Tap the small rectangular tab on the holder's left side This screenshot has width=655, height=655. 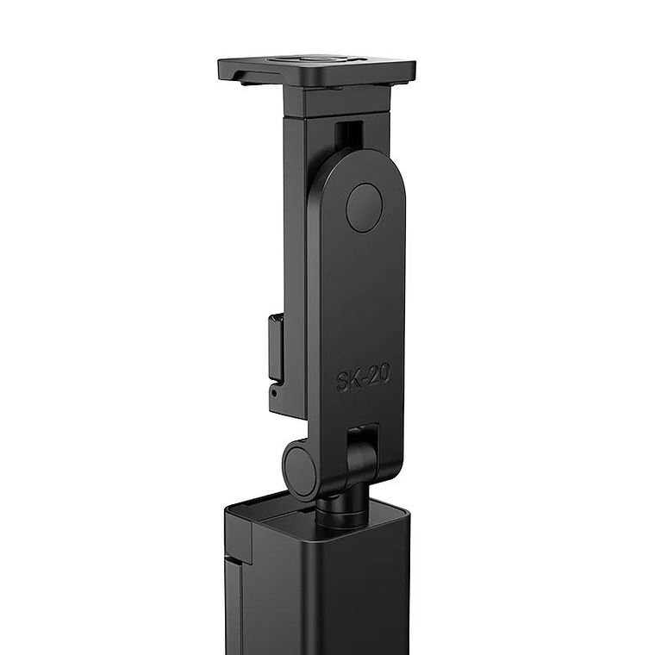[x=276, y=348]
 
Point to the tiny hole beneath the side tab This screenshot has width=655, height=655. [x=274, y=392]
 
